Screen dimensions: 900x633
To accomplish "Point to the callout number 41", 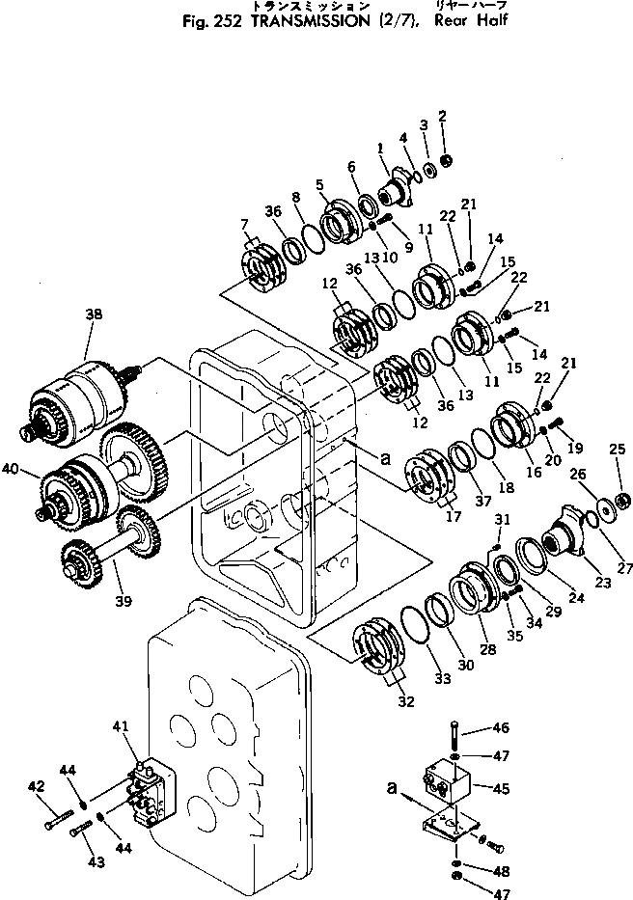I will click(x=120, y=726).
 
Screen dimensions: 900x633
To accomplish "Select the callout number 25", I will click(x=618, y=450).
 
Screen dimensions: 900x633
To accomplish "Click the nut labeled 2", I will click(x=446, y=159).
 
